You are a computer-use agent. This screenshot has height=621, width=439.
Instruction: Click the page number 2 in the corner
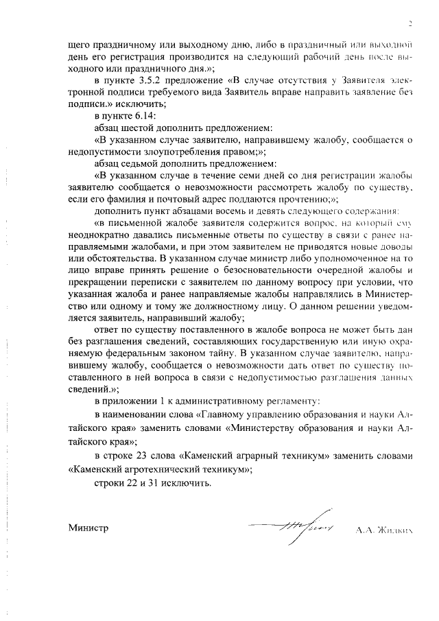410,24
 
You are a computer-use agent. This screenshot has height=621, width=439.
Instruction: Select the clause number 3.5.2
149,81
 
